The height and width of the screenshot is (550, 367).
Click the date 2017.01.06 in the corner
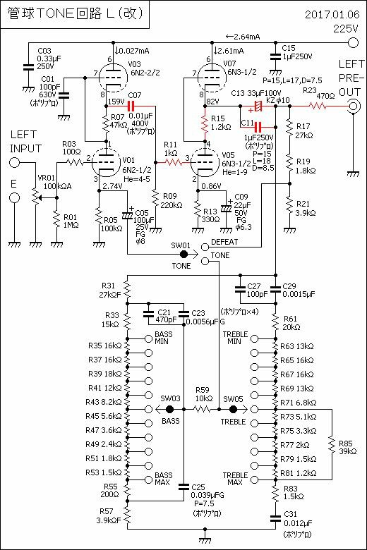coord(332,14)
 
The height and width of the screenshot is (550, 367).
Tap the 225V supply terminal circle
coord(353,43)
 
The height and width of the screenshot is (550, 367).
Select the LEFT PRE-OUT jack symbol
coord(353,106)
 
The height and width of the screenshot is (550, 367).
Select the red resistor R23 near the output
coord(318,106)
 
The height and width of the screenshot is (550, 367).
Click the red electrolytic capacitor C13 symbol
coord(258,106)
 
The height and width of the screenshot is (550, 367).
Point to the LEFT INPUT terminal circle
coord(14,162)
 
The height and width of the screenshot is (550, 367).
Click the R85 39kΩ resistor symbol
coord(332,444)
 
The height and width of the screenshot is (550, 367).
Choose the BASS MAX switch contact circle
coord(148,479)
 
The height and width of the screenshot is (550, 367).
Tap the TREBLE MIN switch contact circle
coord(254,339)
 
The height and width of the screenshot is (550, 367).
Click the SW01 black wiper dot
coord(183,254)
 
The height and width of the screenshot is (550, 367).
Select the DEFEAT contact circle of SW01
coord(205,247)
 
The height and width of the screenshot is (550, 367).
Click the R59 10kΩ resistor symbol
coord(202,409)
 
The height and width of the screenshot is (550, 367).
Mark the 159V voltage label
coord(116,102)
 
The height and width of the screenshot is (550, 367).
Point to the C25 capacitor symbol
coord(183,487)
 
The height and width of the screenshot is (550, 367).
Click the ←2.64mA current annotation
coord(243,37)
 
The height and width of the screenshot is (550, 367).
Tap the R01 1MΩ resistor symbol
coord(56,219)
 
